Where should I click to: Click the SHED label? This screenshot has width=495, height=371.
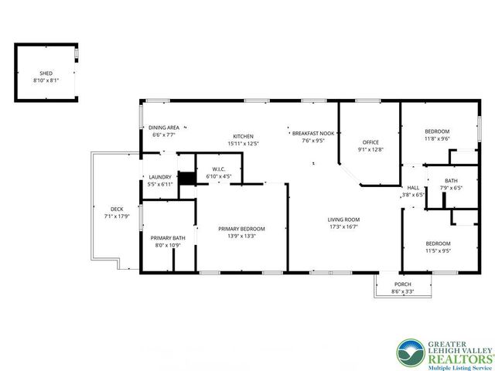tap(46, 73)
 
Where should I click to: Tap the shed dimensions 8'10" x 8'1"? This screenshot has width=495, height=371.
tap(46, 80)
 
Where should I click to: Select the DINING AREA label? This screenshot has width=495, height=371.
tap(164, 128)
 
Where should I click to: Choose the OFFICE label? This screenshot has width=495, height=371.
tap(370, 142)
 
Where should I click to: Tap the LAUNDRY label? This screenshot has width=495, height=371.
tap(159, 178)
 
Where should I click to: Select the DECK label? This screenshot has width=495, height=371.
tap(117, 209)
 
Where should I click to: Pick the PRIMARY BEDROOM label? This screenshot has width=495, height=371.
tap(241, 229)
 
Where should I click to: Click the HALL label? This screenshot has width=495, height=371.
tap(413, 188)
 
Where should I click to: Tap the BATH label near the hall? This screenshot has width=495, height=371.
tap(451, 180)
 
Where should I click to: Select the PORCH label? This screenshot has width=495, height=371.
tap(402, 285)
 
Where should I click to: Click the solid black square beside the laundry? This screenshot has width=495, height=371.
tap(186, 176)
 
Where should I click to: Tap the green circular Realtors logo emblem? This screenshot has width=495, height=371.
tap(408, 352)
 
